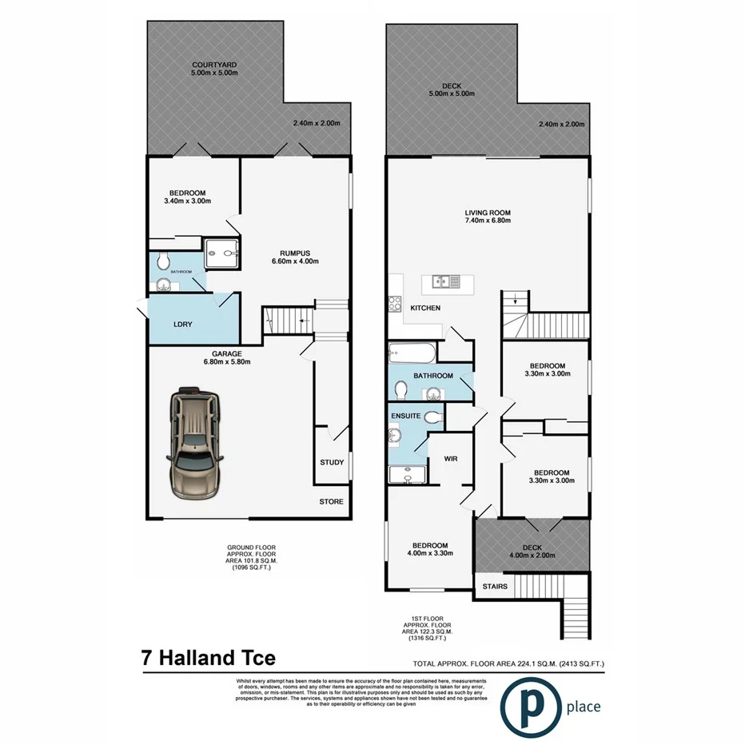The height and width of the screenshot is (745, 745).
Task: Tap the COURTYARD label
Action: (213, 64)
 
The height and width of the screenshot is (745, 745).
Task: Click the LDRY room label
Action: (184, 324)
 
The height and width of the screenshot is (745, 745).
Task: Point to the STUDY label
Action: (332, 462)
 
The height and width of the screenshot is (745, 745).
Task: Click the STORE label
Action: (332, 502)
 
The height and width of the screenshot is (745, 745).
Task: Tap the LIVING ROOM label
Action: (488, 213)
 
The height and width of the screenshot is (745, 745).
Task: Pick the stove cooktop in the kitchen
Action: (395, 304)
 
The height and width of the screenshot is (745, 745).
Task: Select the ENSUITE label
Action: (406, 416)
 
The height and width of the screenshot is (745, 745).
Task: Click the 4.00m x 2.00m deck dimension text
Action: (532, 556)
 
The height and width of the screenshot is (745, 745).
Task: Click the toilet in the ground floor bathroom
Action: (163, 261)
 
